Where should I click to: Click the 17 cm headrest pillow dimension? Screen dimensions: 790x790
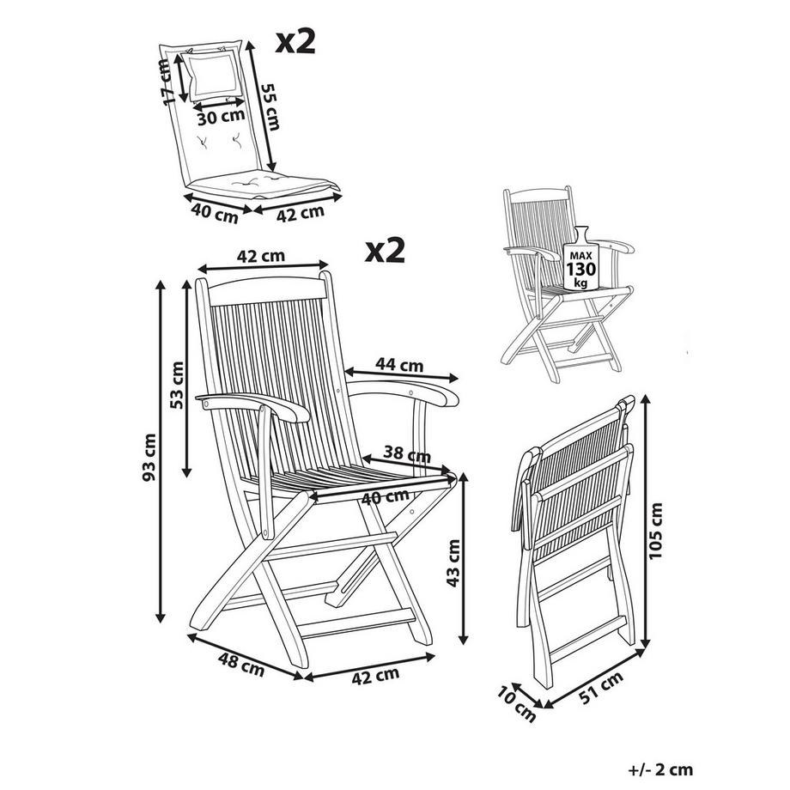(168, 83)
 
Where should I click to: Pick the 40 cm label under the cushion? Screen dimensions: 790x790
(215, 212)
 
